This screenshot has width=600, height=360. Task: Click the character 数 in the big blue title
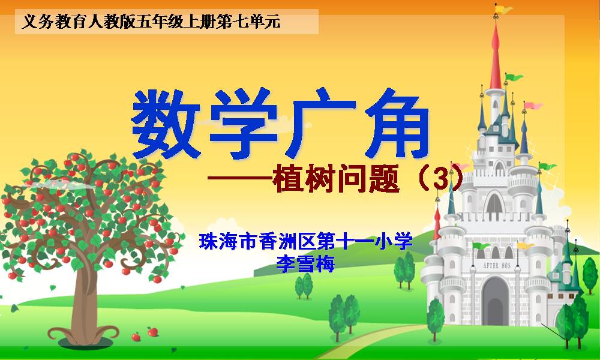(x=166, y=125)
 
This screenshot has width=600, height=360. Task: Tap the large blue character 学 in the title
(x=244, y=123)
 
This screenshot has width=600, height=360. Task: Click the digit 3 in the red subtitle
(x=440, y=179)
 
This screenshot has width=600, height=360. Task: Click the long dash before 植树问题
(x=240, y=178)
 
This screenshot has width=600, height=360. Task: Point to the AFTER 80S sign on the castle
(x=497, y=266)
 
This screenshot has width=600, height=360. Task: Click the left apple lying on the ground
(x=136, y=337)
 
